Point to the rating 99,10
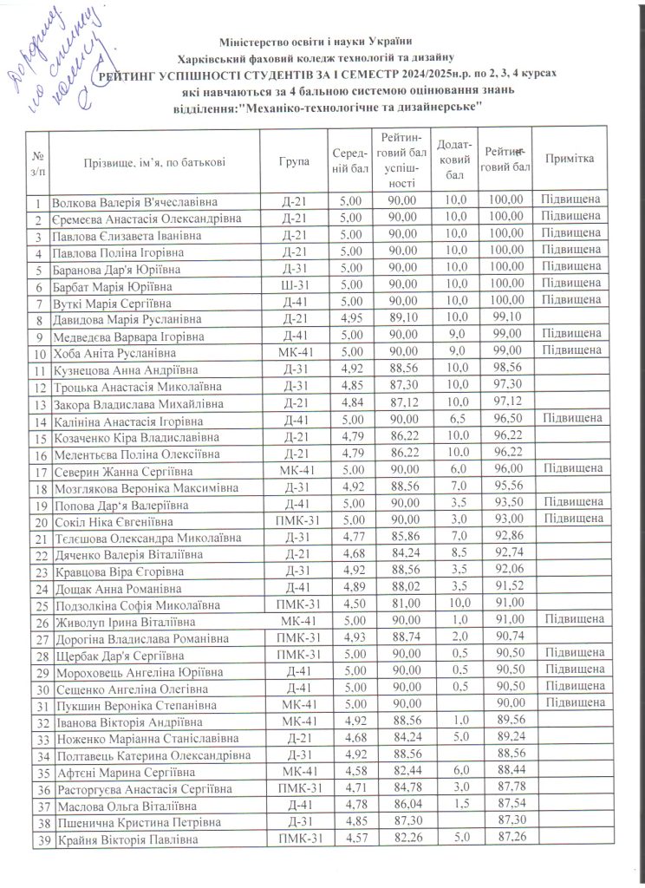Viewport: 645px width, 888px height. pos(505,319)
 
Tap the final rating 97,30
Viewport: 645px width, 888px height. pos(505,384)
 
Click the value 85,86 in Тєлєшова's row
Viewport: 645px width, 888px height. pos(399,539)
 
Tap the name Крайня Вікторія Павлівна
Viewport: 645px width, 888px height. pos(126,839)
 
